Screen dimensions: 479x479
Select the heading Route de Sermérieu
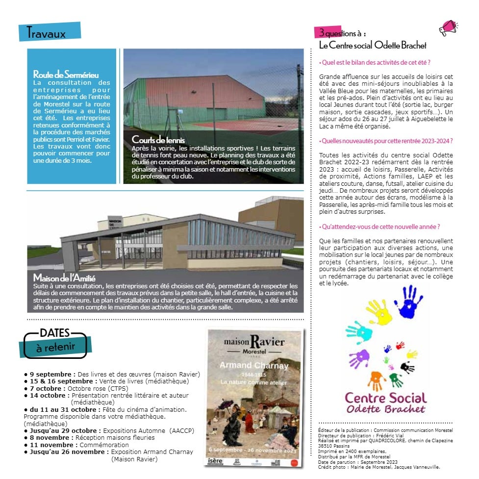66,75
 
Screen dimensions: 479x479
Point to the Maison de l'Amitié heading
64,278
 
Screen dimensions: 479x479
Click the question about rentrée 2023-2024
386,141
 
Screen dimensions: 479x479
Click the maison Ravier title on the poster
253,342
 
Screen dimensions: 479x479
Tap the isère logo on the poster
215,461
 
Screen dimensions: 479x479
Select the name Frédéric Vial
393,435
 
